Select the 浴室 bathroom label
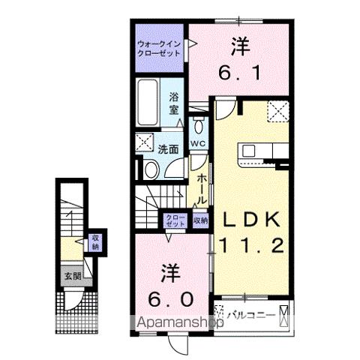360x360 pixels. click(x=173, y=103)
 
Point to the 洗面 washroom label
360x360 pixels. click(x=168, y=149)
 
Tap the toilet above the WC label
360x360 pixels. click(x=198, y=124)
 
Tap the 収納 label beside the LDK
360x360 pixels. click(x=199, y=220)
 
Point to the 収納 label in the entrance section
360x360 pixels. click(x=95, y=241)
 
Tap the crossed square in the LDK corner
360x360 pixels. click(x=279, y=111)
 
